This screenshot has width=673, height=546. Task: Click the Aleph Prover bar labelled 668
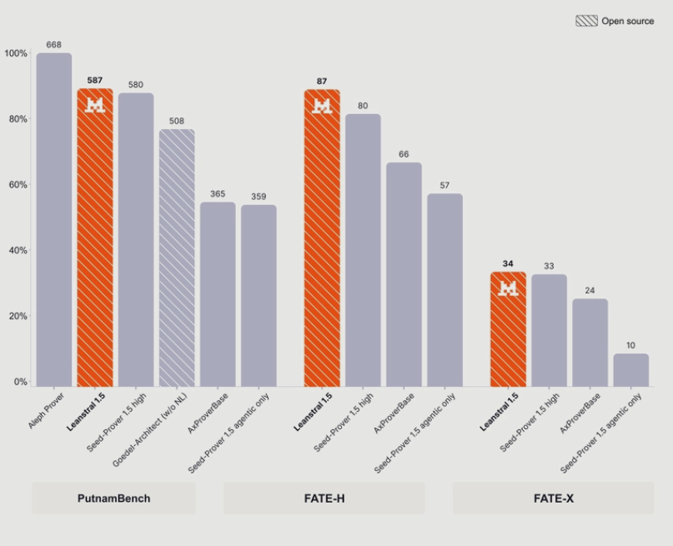[54, 219]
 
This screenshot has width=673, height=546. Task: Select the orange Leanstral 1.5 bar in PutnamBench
[95, 238]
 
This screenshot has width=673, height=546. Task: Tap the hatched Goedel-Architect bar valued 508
[177, 258]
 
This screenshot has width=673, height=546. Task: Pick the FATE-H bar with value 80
[363, 250]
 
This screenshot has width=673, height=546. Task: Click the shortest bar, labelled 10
[631, 370]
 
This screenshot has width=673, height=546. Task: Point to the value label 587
[95, 80]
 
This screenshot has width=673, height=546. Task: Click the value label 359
[259, 197]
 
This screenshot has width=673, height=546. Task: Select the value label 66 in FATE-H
[404, 154]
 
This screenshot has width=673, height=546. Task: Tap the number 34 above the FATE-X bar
[508, 263]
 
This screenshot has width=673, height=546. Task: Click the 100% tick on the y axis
[16, 53]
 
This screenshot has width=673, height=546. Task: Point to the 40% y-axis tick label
[18, 250]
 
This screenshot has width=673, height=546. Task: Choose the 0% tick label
[21, 381]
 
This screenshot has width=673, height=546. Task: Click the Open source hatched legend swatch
[586, 21]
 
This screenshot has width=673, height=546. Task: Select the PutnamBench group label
[113, 498]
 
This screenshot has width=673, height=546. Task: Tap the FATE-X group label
[554, 498]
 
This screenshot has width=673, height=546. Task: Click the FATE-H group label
[324, 498]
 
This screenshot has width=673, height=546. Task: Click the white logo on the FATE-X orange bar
[508, 288]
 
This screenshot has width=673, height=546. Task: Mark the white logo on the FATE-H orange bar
[322, 106]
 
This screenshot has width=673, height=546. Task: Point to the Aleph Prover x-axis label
[46, 410]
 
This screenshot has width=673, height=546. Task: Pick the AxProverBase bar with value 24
[590, 343]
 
